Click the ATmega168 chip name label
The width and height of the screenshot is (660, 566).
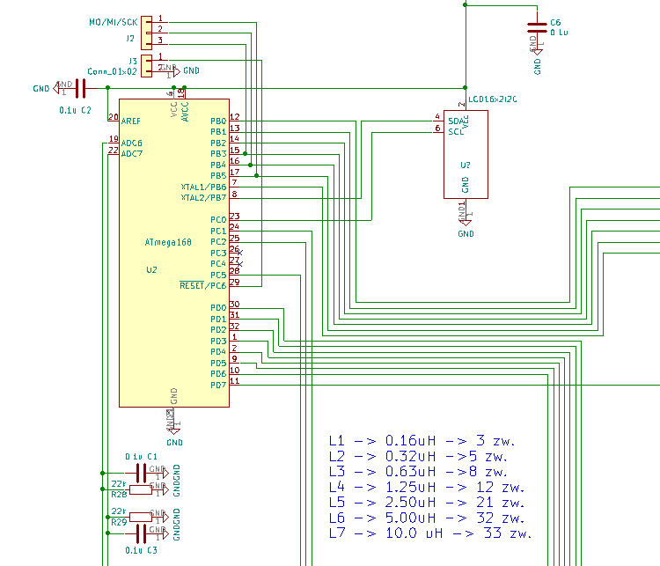pyautogui.click(x=167, y=241)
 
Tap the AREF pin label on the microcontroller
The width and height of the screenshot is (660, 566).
pyautogui.click(x=130, y=121)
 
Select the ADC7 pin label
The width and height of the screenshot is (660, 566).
pyautogui.click(x=131, y=154)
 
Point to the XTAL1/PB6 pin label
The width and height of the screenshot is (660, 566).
pyautogui.click(x=203, y=187)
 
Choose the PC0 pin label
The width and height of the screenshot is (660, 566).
pyautogui.click(x=218, y=219)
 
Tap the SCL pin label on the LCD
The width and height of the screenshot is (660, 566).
pyautogui.click(x=455, y=131)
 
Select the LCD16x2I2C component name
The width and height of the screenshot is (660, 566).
pyautogui.click(x=493, y=100)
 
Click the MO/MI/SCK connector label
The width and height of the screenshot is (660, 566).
pyautogui.click(x=113, y=21)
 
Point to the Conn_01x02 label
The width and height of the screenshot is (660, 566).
pyautogui.click(x=112, y=71)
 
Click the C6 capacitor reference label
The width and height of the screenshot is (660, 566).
pyautogui.click(x=554, y=22)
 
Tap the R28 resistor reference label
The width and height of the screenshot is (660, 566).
pyautogui.click(x=120, y=495)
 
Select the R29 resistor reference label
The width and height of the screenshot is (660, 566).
pyautogui.click(x=120, y=522)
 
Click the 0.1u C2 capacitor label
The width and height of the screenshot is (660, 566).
pyautogui.click(x=75, y=110)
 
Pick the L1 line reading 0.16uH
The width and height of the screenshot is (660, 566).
pyautogui.click(x=422, y=440)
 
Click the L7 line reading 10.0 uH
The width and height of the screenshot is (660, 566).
pyautogui.click(x=430, y=533)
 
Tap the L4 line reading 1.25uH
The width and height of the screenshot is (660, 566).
pyautogui.click(x=426, y=487)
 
